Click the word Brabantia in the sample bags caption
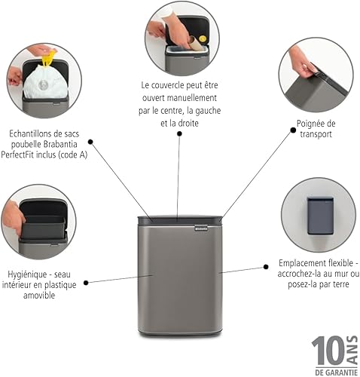[68, 146]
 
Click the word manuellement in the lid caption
[191, 99]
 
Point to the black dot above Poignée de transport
[292, 130]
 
